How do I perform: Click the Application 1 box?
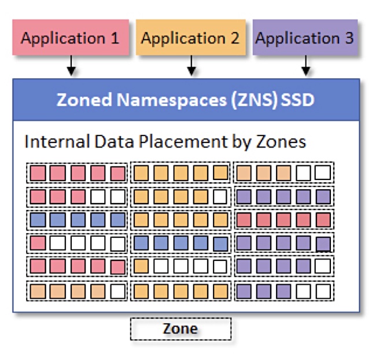[x=71, y=38]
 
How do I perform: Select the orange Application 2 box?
[x=191, y=38]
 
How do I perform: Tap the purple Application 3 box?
[x=305, y=38]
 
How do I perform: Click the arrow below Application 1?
[x=71, y=65]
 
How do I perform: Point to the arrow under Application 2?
[x=191, y=65]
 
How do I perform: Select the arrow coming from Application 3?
[x=306, y=65]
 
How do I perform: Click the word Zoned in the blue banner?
[x=84, y=100]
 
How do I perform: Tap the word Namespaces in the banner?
[x=171, y=100]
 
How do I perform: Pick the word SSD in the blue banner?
[x=297, y=100]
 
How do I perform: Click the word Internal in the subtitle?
[x=57, y=141]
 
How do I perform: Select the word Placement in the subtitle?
[x=183, y=141]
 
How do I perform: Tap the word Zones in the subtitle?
[x=281, y=141]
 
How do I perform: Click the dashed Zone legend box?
[x=181, y=329]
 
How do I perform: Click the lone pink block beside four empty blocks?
[x=38, y=243]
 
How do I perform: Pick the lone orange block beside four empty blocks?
[x=141, y=266]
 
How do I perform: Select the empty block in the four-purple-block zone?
[x=323, y=266]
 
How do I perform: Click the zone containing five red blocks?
[x=284, y=219]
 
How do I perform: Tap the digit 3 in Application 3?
[x=349, y=38]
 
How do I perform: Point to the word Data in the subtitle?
[x=114, y=141]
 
